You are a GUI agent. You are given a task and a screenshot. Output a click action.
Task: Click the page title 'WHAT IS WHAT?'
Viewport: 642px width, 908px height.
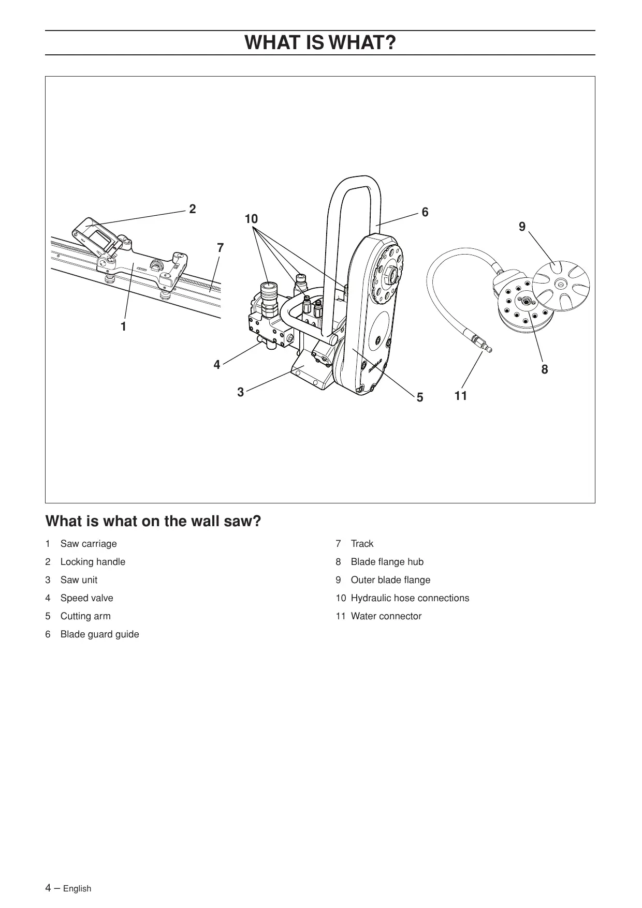pos(320,42)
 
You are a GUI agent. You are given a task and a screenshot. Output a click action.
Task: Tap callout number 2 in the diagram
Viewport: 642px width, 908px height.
pos(193,209)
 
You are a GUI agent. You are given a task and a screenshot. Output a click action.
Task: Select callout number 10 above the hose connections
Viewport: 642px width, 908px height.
pos(251,219)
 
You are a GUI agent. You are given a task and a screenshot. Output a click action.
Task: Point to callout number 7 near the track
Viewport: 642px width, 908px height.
pos(221,248)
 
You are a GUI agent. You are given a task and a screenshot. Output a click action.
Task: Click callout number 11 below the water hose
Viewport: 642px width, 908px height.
pos(461,396)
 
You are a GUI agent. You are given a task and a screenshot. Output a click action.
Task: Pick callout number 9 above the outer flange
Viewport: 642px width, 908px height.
pos(522,227)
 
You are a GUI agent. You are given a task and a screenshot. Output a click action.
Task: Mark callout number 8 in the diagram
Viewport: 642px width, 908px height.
pos(544,369)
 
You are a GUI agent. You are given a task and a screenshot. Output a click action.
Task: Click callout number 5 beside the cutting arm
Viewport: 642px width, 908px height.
pos(420,397)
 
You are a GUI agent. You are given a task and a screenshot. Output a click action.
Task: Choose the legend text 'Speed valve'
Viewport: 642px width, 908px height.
pos(86,598)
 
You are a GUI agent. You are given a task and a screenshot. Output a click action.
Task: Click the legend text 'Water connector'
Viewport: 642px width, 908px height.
pos(386,616)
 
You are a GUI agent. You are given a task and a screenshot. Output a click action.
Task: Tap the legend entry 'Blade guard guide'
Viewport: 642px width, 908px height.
pos(99,634)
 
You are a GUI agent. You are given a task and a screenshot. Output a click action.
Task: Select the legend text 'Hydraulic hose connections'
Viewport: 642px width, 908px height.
pos(410,598)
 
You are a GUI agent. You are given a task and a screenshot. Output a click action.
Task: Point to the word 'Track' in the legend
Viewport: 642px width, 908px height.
pos(362,544)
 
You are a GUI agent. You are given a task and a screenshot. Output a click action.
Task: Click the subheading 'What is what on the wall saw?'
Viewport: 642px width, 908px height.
pos(153,521)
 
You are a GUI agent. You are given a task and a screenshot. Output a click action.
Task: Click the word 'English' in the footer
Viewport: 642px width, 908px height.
pos(77,889)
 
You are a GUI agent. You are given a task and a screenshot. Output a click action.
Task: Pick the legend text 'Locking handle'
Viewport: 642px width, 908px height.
pos(93,562)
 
